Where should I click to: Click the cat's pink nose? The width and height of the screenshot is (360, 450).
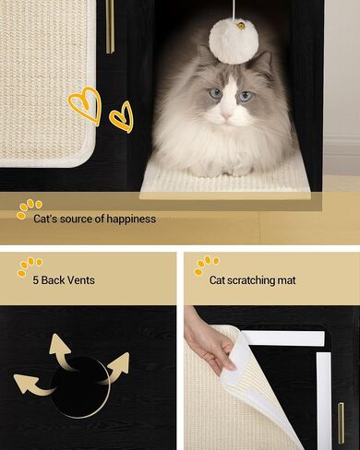pos(227,115)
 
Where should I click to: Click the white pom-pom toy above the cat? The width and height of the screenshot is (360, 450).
pos(234,41)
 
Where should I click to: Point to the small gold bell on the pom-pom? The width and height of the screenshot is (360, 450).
pos(241,26)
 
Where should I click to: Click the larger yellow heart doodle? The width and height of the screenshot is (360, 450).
pos(87,105)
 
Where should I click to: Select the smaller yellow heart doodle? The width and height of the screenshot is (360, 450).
pos(123,117)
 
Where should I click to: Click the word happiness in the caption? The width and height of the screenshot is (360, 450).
pos(131,219)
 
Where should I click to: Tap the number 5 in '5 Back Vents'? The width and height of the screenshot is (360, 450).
pos(36,280)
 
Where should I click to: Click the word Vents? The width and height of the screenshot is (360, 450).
pos(80,280)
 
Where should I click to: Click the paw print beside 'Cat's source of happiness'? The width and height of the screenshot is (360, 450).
pos(29,209)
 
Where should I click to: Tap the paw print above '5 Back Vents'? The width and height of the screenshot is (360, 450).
pos(30,266)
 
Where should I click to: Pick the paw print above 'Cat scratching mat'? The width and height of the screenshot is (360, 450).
pos(207,265)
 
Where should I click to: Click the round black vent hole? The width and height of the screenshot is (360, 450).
pos(80,387)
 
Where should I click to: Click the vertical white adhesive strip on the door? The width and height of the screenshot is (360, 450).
pos(324,399)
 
